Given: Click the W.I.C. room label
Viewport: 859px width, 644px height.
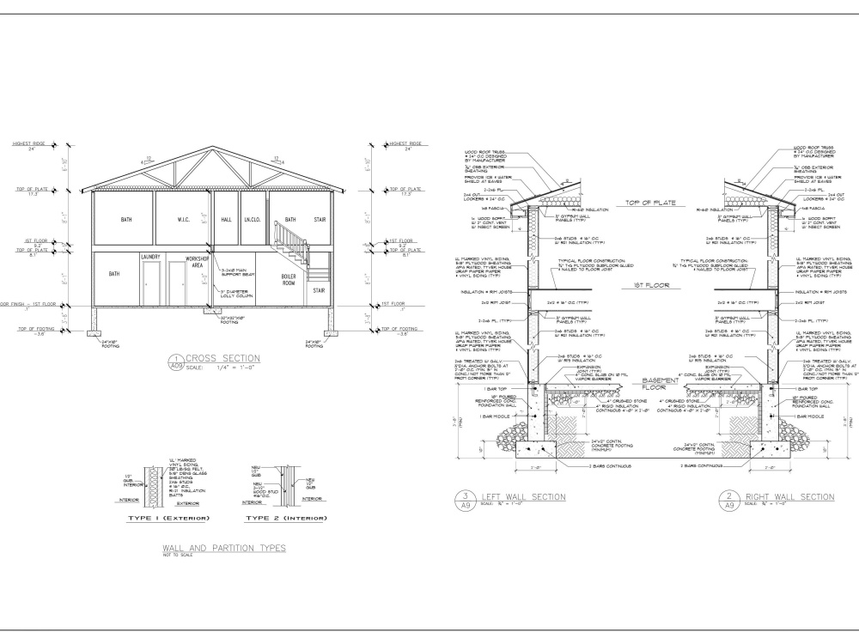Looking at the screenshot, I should (x=184, y=220).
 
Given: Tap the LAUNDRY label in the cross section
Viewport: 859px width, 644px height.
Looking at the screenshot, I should (x=151, y=256).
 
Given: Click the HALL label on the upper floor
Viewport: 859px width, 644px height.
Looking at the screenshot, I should (x=227, y=220).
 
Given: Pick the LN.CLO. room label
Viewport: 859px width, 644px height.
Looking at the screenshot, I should (x=252, y=220).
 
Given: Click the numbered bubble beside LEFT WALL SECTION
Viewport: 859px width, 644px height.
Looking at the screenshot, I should (x=465, y=501).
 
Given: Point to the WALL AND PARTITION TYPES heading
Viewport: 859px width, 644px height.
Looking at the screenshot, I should (x=223, y=547).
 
